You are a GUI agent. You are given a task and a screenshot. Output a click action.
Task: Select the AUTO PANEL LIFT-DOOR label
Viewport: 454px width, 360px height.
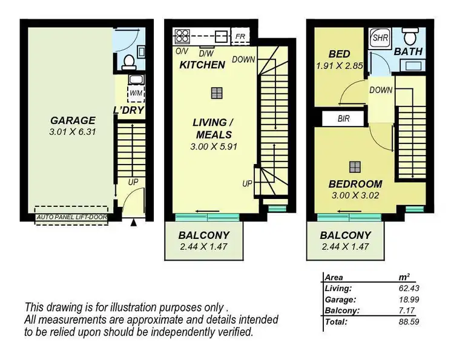(x=71, y=216)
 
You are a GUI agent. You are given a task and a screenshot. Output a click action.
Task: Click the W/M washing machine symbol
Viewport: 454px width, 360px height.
(x=136, y=93)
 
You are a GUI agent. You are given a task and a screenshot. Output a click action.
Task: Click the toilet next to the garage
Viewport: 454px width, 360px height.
(x=128, y=61)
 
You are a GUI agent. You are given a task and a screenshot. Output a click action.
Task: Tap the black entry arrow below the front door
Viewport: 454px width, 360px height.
(x=133, y=223)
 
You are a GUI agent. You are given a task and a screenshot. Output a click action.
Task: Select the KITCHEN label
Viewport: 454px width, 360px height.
(x=202, y=64)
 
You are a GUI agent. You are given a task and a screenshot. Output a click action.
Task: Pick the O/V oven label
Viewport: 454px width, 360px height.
(x=181, y=51)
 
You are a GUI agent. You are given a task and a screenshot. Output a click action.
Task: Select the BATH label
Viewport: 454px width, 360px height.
(x=408, y=52)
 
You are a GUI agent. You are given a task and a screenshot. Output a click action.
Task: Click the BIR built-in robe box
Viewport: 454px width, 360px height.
(x=343, y=119)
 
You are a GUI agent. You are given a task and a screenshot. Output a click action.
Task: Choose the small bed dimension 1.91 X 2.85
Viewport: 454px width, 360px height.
(x=339, y=64)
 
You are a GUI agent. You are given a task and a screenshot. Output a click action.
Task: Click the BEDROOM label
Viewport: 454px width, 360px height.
(x=355, y=184)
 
